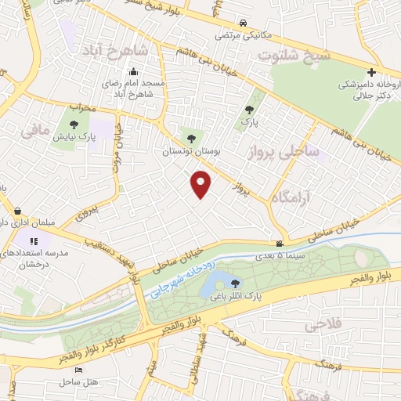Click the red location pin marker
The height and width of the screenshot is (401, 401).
(202, 184)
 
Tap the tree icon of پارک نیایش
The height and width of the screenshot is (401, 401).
(74, 124)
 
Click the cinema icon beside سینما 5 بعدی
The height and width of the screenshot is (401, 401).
(280, 244)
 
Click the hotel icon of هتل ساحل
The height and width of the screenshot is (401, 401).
(78, 369)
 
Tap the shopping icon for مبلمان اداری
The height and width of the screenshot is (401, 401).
(17, 211)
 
